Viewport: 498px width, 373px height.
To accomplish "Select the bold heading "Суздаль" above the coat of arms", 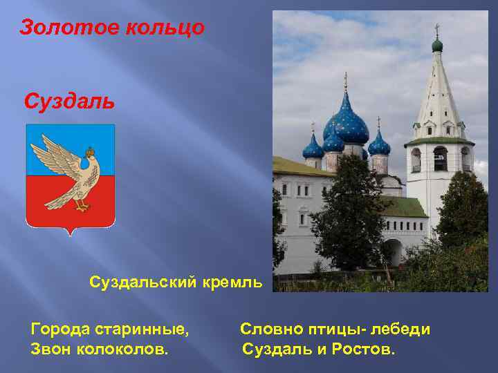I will pyautogui.click(x=68, y=102).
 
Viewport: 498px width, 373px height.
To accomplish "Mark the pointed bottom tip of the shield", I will pyautogui.click(x=71, y=233).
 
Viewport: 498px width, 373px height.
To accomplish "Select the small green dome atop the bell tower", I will pyautogui.click(x=437, y=45).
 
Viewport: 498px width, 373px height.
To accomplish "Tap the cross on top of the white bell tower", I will pyautogui.click(x=437, y=30).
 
